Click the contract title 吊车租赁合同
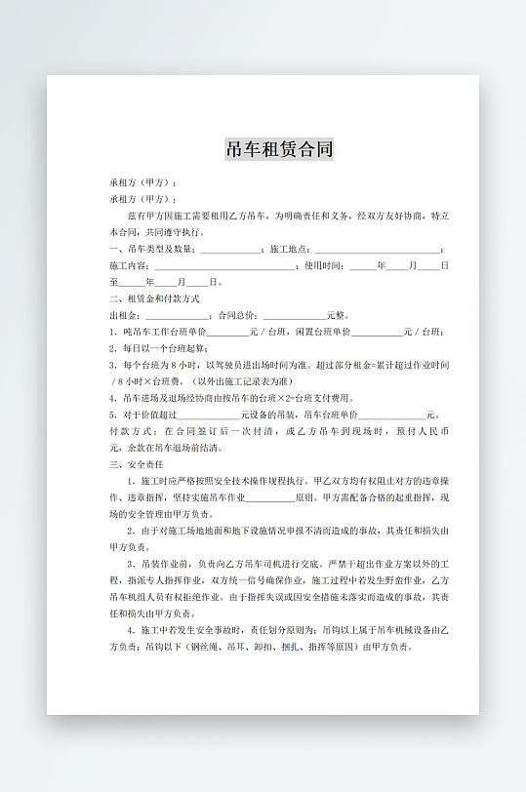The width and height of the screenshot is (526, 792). [279, 149]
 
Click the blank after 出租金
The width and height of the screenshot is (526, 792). [177, 315]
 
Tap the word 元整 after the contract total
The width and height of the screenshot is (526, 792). [337, 315]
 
